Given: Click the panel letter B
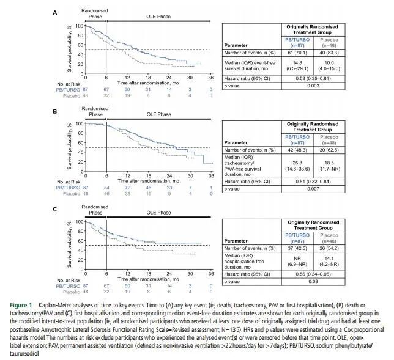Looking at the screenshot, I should (x=55, y=112).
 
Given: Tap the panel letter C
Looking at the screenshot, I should (x=55, y=209).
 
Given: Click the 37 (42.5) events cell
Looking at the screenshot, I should (x=296, y=248).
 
